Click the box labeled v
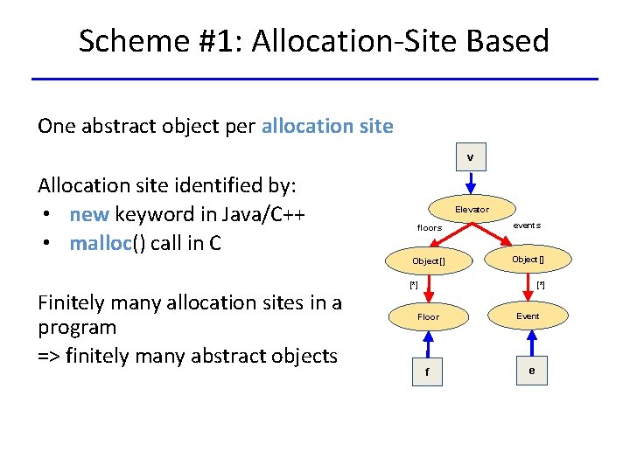[x=470, y=157]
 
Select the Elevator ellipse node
[x=472, y=209]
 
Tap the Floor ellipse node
[x=428, y=316]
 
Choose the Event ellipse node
[x=528, y=316]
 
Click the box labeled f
[x=427, y=372]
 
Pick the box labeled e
[x=531, y=371]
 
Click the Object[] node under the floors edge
[x=429, y=261]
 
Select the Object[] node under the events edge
[x=528, y=259]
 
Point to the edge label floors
[x=430, y=228]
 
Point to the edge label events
[x=527, y=226]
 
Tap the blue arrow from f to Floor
[x=427, y=344]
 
